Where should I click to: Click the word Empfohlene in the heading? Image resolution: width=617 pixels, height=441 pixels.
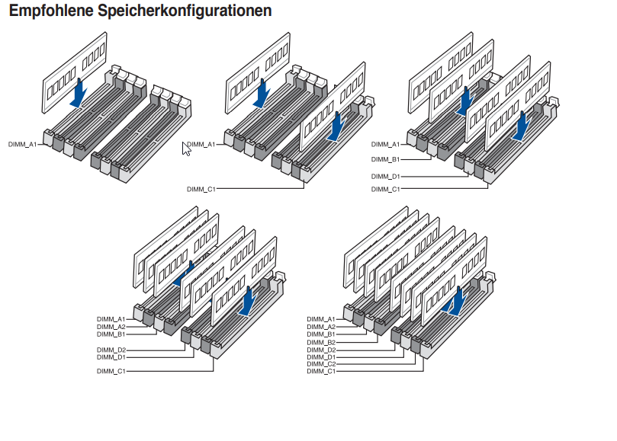click(x=51, y=11)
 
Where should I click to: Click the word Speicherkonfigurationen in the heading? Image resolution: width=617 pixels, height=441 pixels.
click(x=185, y=11)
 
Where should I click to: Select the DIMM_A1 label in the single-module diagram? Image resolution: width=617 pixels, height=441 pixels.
click(x=22, y=145)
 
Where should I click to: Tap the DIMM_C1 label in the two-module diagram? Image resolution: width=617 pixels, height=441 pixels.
click(x=201, y=190)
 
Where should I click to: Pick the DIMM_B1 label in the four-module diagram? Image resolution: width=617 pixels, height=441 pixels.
click(x=385, y=160)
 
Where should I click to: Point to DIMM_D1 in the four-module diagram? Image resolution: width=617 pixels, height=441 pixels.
click(x=385, y=177)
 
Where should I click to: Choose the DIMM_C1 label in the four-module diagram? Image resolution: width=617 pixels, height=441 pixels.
click(x=385, y=190)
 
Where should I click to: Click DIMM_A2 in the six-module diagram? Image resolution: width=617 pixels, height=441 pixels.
click(x=111, y=327)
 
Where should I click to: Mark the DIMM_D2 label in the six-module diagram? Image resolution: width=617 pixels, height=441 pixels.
click(x=111, y=350)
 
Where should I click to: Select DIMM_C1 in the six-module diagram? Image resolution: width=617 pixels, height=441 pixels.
click(x=111, y=372)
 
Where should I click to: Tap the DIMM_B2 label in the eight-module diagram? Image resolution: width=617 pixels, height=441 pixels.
click(x=321, y=343)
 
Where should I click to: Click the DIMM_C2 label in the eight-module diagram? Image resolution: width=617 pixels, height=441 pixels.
click(x=321, y=364)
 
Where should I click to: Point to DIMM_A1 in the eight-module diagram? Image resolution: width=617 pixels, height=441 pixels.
click(x=321, y=320)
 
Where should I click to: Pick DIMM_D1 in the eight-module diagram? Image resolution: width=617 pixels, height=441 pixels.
click(x=321, y=357)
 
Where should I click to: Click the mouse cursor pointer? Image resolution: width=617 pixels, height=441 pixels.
click(x=187, y=149)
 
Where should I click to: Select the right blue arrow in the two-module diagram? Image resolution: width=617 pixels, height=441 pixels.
click(x=337, y=126)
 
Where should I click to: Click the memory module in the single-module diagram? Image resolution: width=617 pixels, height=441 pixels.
click(x=75, y=72)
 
